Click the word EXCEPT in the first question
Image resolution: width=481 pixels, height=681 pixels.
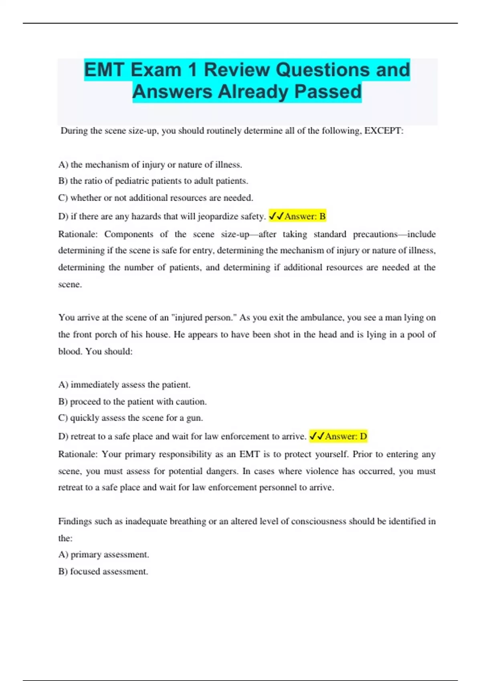[x=382, y=131]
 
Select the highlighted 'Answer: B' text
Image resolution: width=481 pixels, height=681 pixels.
[x=305, y=216]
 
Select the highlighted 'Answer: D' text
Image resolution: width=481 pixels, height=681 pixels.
[x=346, y=436]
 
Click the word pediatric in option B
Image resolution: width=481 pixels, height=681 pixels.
[x=131, y=181]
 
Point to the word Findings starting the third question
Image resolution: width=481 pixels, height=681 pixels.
[x=75, y=522]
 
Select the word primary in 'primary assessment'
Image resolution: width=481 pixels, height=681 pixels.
[x=86, y=555]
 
